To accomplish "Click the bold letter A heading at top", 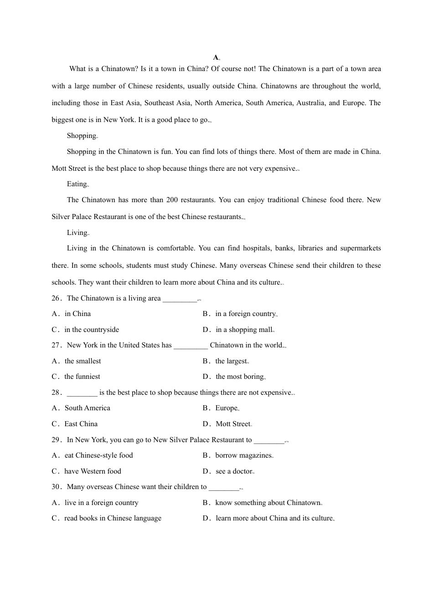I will (216, 57).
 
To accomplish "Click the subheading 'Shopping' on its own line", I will (82, 136).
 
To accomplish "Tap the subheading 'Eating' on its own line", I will (77, 184).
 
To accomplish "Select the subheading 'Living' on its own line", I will (77, 233).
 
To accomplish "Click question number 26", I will (56, 298).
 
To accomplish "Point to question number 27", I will (56, 345).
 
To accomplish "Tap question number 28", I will (56, 393).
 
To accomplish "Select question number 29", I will (56, 440).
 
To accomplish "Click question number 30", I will (56, 487).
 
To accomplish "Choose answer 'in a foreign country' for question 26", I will (245, 314).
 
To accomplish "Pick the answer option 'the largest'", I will (231, 361).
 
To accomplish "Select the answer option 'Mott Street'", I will (233, 424).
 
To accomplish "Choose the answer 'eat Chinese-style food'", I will (98, 455).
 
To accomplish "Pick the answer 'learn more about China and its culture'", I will (274, 518).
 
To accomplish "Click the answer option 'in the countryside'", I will (92, 330).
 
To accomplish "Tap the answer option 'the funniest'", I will (82, 377).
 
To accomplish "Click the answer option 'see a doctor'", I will (234, 471).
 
